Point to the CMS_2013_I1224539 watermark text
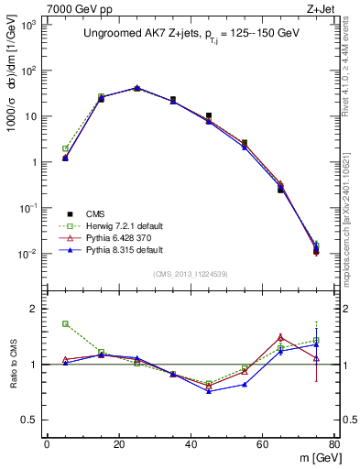click(191, 273)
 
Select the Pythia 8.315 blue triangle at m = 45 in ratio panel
click(209, 391)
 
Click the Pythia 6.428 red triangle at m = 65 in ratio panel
click(280, 337)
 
